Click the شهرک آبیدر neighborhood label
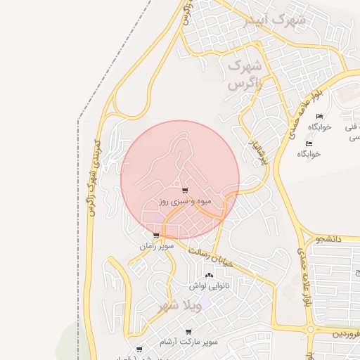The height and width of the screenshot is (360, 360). pyautogui.click(x=274, y=20)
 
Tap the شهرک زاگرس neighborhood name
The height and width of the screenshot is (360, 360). pyautogui.click(x=244, y=75)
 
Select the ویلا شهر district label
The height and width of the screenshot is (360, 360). pyautogui.click(x=180, y=306)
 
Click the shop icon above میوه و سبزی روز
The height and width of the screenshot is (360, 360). pyautogui.click(x=185, y=191)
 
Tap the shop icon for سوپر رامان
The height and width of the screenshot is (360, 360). pyautogui.click(x=156, y=236)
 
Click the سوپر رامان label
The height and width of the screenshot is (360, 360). pyautogui.click(x=156, y=247)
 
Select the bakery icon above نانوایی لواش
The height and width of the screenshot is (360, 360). pyautogui.click(x=208, y=276)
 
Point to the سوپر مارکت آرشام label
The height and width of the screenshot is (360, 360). pyautogui.click(x=188, y=342)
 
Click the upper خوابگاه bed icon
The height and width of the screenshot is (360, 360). pyautogui.click(x=319, y=117)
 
